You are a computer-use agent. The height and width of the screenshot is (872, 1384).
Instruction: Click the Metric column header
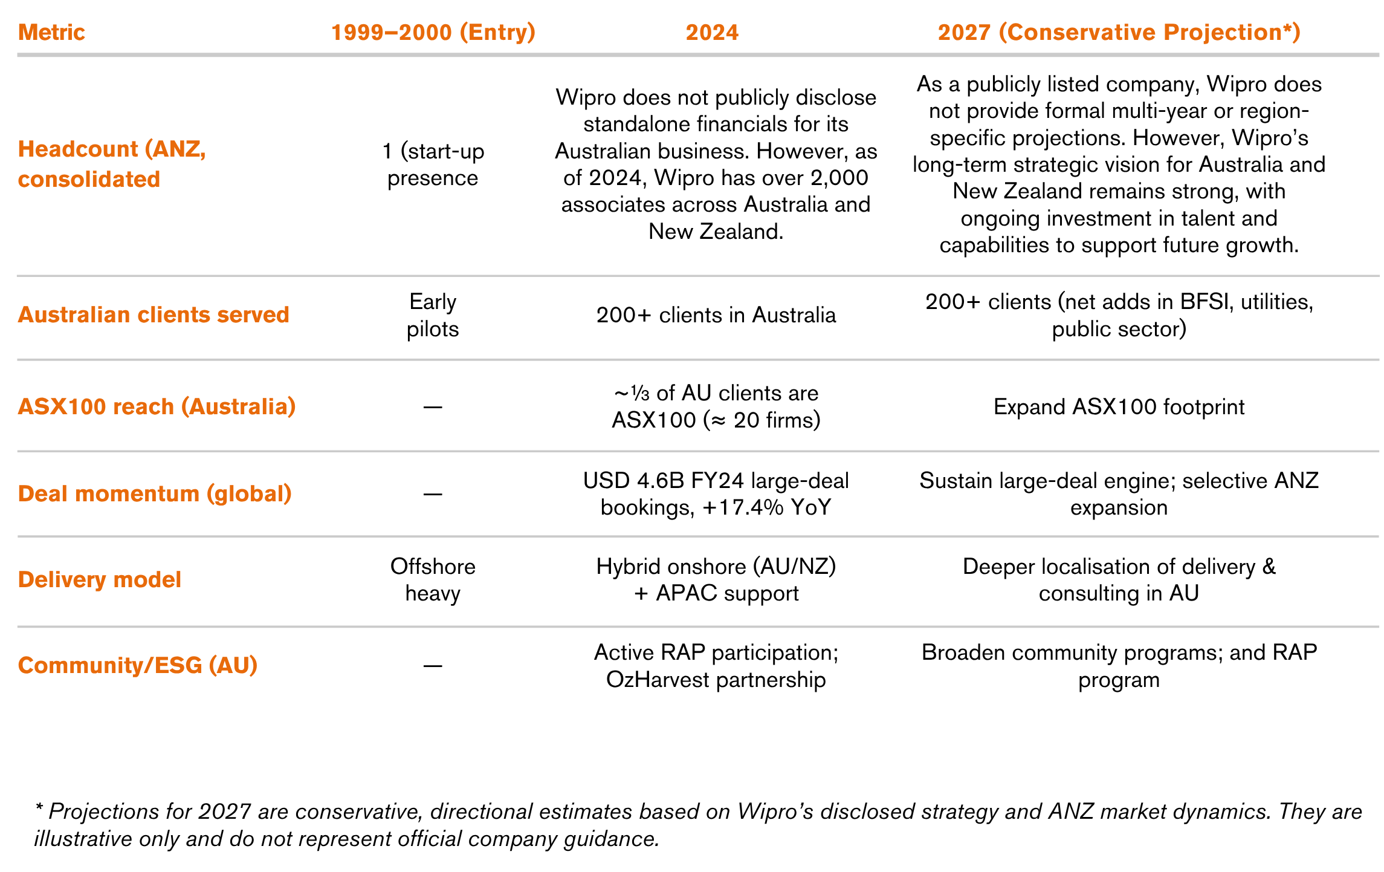(x=51, y=32)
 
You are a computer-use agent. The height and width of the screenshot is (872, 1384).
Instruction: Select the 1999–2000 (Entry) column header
(x=433, y=32)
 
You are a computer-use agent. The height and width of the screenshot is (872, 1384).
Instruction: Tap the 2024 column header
(x=712, y=32)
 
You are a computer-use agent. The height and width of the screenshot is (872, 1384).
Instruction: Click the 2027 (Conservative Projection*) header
(x=1119, y=32)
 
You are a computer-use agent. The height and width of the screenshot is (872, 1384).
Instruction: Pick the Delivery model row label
(x=100, y=579)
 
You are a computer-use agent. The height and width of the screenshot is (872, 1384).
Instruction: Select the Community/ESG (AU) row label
(x=138, y=665)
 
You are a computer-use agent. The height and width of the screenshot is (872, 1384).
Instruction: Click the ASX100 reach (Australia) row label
(x=157, y=406)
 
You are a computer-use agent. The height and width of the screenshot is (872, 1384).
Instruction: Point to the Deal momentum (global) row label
(x=155, y=493)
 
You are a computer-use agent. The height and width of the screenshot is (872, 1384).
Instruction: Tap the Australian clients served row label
(x=154, y=314)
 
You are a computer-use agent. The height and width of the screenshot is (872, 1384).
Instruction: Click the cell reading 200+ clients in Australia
(x=716, y=315)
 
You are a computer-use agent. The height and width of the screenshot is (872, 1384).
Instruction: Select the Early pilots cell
(x=433, y=315)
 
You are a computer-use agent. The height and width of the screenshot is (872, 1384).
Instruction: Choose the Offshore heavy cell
(x=433, y=579)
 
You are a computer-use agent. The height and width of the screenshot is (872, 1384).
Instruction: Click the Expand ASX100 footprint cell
(x=1119, y=407)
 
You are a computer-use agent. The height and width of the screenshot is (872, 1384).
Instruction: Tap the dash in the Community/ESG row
(x=433, y=666)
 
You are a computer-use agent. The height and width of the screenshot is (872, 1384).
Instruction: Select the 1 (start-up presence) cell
(x=433, y=164)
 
